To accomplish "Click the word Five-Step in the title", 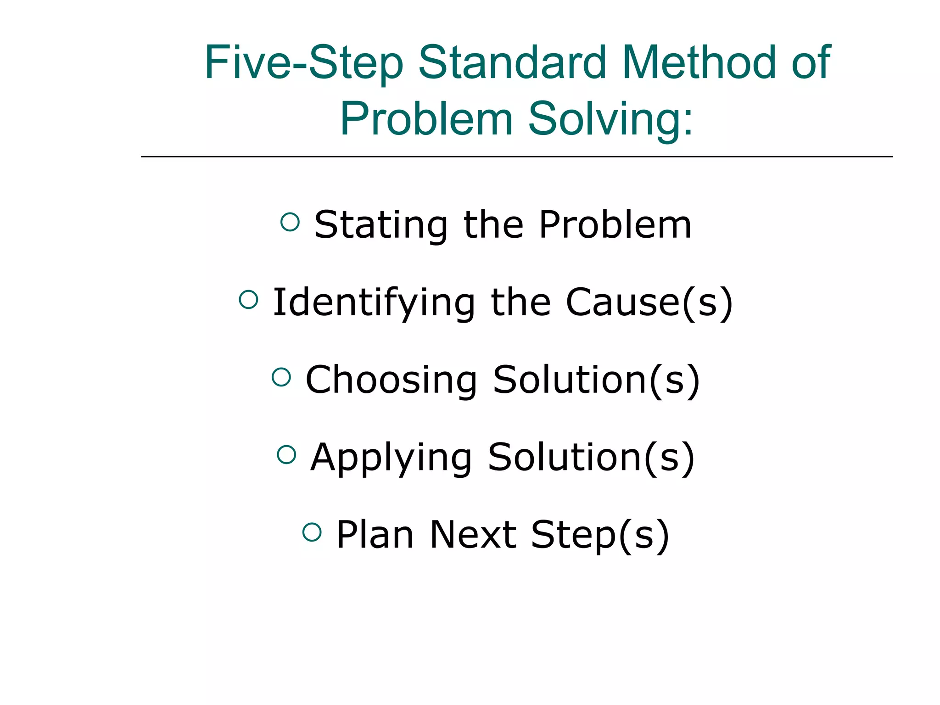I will point(303,63).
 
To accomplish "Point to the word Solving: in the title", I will point(610,119).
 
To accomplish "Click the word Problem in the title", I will point(426,119).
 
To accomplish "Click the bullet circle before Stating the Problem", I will point(290,222).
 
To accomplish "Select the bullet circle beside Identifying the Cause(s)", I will point(249,300).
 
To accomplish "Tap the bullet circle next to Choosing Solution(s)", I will point(281,377).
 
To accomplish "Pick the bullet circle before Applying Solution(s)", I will point(286,454).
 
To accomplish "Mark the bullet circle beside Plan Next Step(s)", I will point(312,532).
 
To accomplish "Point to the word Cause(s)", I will point(649,303).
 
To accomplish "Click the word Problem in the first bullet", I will point(615,225).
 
